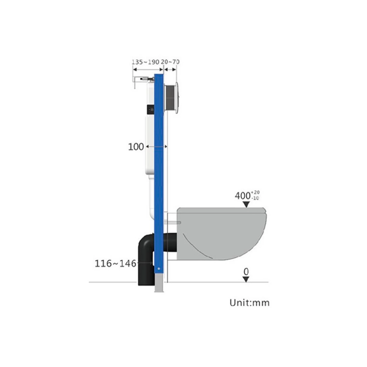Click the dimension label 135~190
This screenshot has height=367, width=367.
146,62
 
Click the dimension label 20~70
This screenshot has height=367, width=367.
170,62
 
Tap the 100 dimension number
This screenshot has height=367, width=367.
136,147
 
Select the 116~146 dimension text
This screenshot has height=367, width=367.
115,263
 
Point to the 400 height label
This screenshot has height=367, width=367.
243,196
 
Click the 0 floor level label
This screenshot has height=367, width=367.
246,272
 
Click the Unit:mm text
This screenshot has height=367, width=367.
249,302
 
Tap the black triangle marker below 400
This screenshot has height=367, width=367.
246,204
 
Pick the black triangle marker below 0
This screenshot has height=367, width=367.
246,280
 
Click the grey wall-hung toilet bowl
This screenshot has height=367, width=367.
221,234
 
